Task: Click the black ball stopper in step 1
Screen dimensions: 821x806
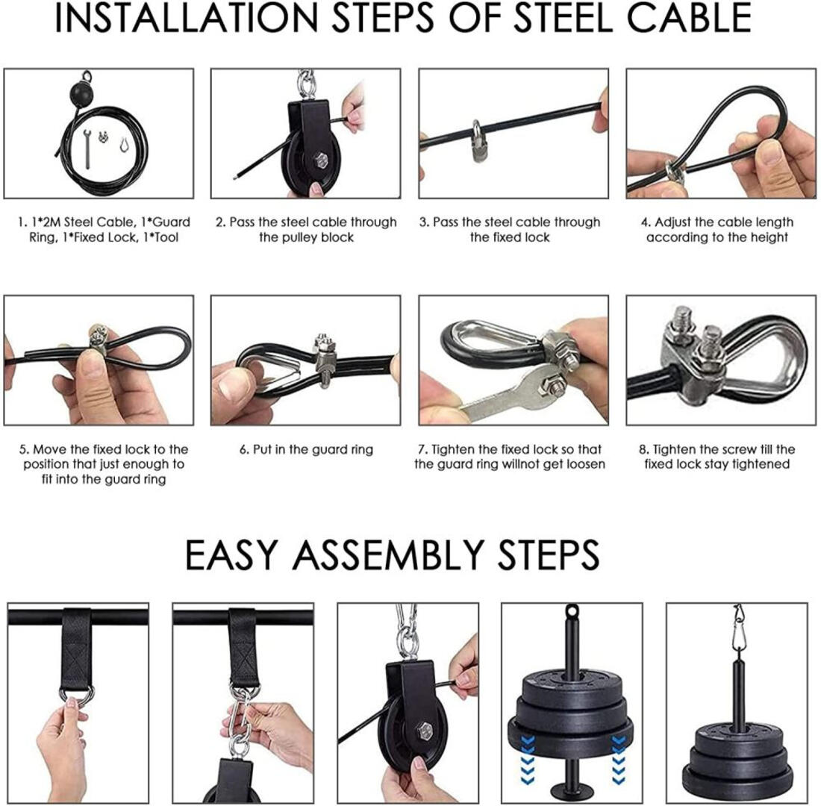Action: [x=82, y=95]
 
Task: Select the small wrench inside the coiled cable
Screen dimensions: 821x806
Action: [x=87, y=149]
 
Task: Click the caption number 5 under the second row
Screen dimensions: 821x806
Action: [x=23, y=450]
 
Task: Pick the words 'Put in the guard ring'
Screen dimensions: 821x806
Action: [x=313, y=450]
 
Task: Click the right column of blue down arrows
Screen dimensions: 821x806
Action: [x=619, y=760]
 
